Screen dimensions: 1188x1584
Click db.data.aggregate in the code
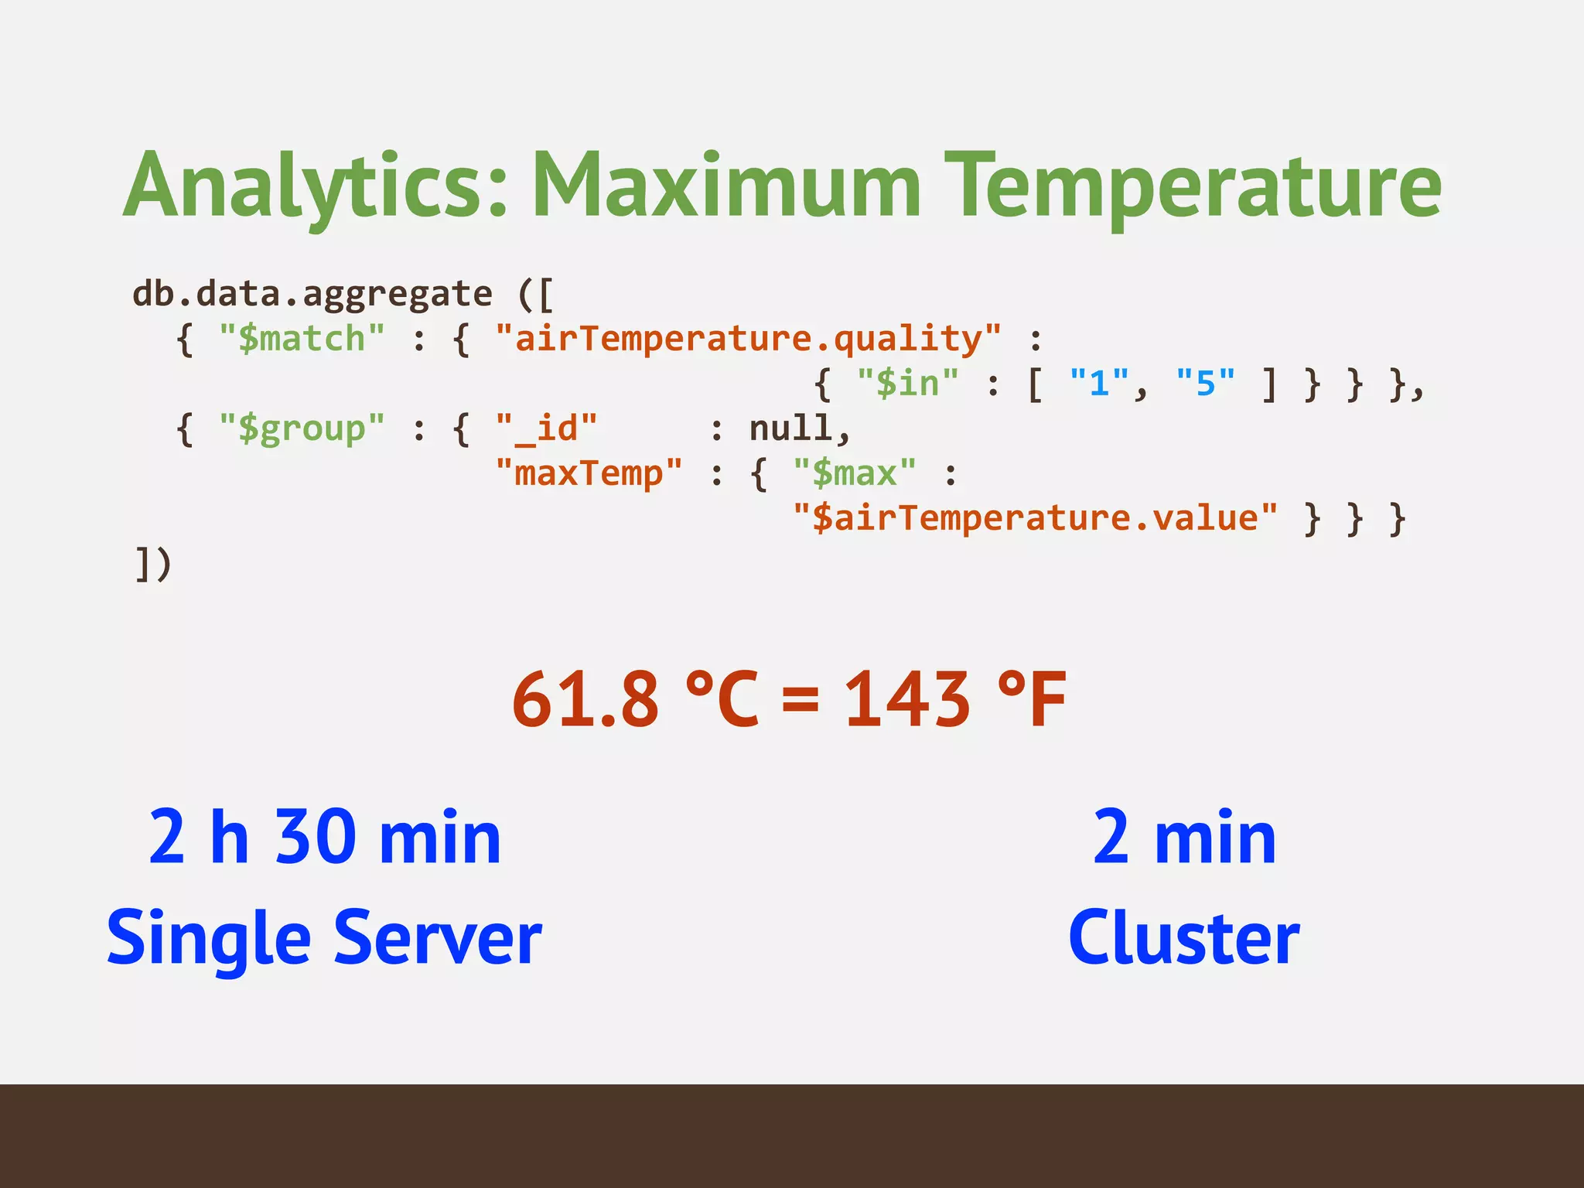coord(312,295)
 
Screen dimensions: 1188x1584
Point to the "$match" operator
coord(302,340)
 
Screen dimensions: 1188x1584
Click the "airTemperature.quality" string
coord(748,340)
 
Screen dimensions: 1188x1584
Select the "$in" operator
coord(907,384)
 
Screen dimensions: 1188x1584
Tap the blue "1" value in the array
coord(1099,384)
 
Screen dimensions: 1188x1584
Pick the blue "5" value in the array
coord(1205,384)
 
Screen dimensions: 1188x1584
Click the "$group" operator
coord(302,428)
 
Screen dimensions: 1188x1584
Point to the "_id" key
coord(546,428)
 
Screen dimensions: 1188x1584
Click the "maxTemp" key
coord(589,473)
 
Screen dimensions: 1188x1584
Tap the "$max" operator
coord(855,473)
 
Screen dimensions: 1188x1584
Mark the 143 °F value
coord(954,700)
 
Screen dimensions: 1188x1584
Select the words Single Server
coord(324,938)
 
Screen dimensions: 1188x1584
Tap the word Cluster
coord(1183,938)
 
